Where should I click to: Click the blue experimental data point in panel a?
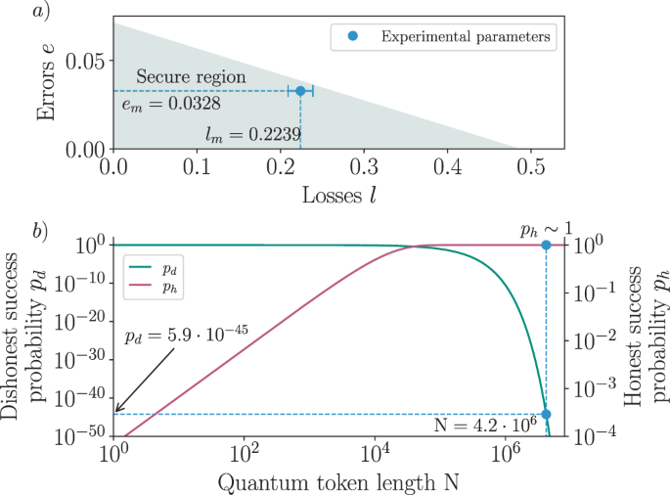300,91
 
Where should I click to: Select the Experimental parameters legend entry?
455,37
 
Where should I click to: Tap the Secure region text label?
191,76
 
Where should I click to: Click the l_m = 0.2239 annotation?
252,132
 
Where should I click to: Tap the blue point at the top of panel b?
546,245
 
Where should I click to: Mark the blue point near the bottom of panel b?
546,414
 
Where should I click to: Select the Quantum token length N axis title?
337,481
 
